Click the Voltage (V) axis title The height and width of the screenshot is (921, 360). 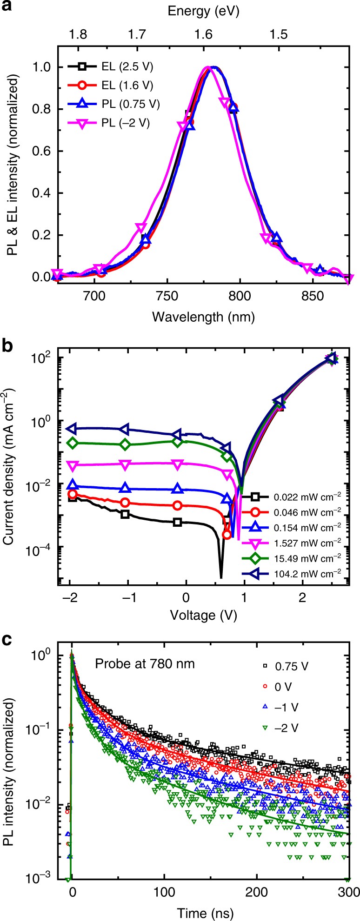click(x=203, y=616)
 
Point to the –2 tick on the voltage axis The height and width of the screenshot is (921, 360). click(x=70, y=596)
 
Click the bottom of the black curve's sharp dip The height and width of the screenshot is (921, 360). click(x=221, y=577)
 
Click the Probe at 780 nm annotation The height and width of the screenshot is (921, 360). click(x=145, y=663)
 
